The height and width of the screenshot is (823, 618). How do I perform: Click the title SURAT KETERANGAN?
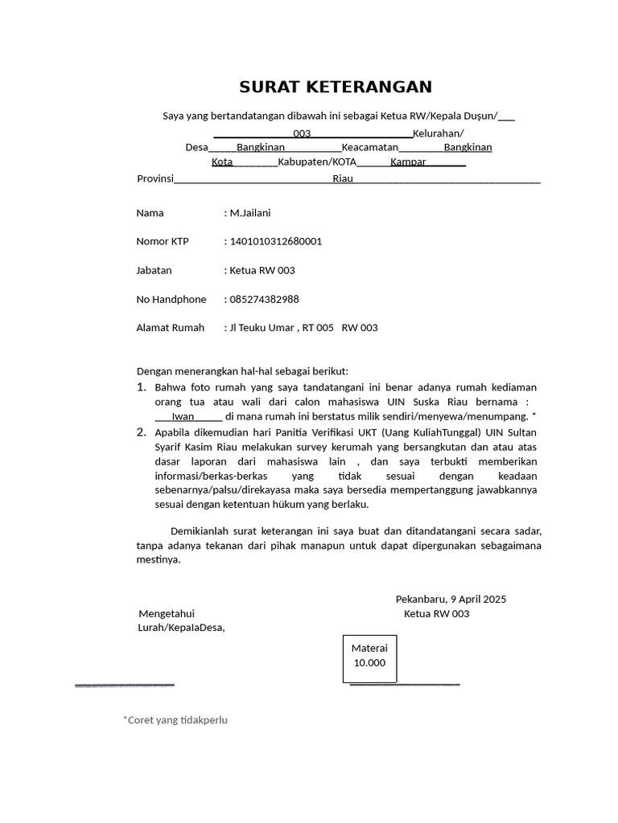[336, 87]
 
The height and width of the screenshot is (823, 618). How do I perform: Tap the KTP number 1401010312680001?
[276, 241]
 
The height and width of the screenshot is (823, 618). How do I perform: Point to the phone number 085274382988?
[265, 299]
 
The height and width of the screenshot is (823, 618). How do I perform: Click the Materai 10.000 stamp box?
[369, 656]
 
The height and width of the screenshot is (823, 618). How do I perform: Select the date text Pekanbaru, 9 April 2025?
[451, 599]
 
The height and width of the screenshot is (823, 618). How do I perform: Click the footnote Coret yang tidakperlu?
[175, 720]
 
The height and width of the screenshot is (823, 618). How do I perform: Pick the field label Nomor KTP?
[163, 241]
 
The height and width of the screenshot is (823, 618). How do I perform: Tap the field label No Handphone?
[171, 299]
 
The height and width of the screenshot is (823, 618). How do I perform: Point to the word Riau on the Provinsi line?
[343, 178]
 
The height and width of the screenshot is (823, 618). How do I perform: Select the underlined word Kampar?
[408, 162]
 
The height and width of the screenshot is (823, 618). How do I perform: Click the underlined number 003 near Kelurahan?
[303, 133]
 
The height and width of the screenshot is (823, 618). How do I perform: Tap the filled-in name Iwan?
[183, 416]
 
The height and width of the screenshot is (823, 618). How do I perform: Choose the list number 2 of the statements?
[141, 432]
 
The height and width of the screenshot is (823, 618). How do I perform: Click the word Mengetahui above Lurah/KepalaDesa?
[167, 614]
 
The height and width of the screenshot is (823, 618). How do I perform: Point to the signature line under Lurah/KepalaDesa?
[125, 685]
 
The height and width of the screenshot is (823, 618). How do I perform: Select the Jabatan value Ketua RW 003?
[262, 270]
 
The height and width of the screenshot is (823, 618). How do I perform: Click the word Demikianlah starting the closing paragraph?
[200, 531]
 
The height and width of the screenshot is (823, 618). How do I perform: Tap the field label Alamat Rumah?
[171, 328]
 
